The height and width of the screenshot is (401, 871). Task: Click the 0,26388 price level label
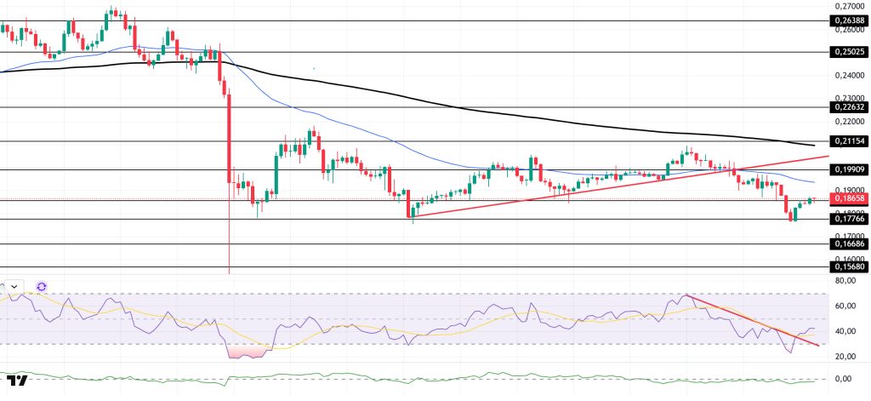[847, 20]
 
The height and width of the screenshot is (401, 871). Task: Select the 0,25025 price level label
[847, 52]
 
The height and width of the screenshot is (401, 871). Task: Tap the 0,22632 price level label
[847, 107]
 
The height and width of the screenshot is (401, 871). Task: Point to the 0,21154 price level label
[847, 140]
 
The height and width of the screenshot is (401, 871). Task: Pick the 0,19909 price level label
[847, 169]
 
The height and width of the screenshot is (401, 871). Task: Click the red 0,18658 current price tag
[847, 200]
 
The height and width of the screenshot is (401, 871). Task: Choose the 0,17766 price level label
[847, 219]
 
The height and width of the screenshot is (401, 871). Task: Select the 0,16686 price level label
[847, 243]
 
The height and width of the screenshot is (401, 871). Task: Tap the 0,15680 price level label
[847, 266]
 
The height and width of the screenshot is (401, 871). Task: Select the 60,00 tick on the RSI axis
[846, 306]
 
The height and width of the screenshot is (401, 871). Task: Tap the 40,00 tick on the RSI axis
[846, 331]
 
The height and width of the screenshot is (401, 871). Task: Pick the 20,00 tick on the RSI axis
[846, 356]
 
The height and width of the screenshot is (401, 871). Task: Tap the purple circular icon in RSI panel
[42, 287]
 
